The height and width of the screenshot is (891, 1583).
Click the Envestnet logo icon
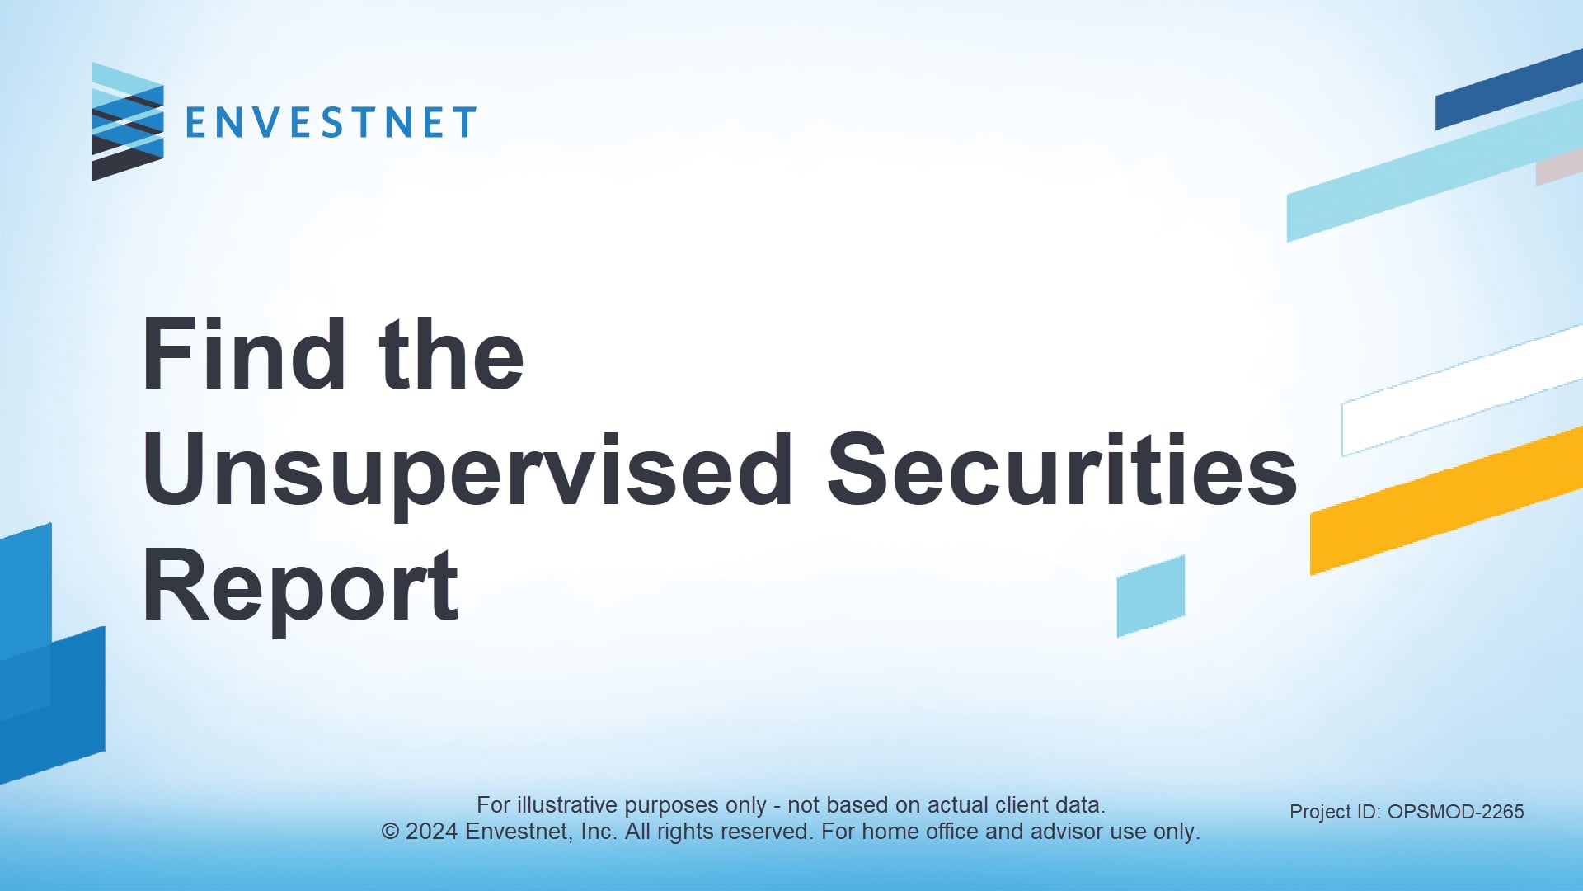[x=128, y=122]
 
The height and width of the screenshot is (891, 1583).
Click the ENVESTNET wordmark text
[x=331, y=123]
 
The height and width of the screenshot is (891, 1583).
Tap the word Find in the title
[x=244, y=354]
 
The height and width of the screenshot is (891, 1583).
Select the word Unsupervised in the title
[x=467, y=471]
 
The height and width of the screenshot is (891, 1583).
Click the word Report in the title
[x=300, y=587]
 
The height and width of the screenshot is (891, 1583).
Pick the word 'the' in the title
[x=451, y=354]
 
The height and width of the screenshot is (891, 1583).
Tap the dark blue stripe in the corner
[x=1509, y=89]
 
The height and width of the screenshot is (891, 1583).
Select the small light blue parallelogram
[x=1151, y=596]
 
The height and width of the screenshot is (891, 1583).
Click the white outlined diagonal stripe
[x=1462, y=391]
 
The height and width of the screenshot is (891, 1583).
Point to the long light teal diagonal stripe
[x=1435, y=172]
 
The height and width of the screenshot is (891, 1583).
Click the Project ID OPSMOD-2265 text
[x=1407, y=812]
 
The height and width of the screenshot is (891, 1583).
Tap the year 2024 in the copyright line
[x=431, y=832]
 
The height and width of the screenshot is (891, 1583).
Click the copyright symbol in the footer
[x=390, y=832]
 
